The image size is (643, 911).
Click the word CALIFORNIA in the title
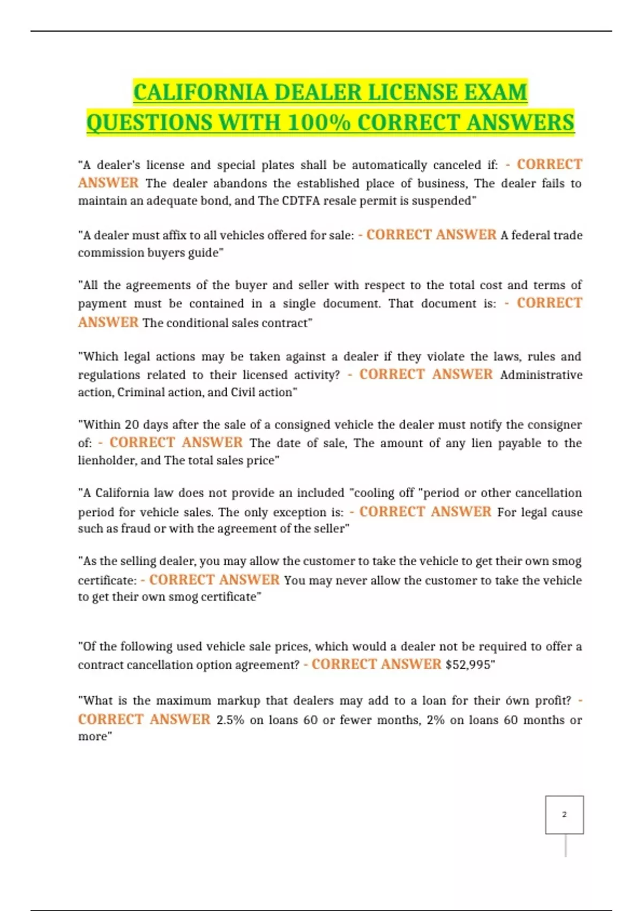pos(201,92)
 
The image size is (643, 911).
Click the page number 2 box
pos(564,815)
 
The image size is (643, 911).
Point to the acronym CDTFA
pos(302,201)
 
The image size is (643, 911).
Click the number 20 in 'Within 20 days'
pos(132,425)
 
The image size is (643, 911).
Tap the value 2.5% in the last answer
pos(230,720)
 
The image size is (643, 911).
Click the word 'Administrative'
pos(541,375)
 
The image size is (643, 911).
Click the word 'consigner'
pos(555,425)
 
